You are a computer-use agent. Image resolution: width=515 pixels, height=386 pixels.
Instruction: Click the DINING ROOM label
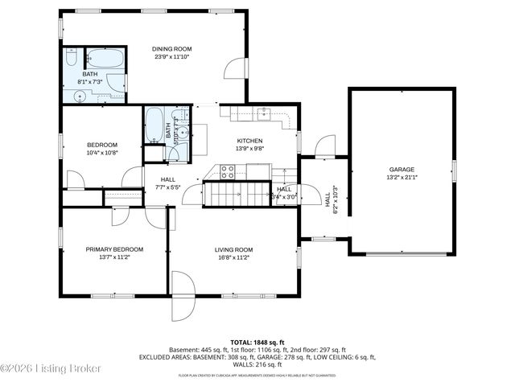click(171, 49)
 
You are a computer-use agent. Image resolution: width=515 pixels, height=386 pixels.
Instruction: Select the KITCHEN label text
click(249, 141)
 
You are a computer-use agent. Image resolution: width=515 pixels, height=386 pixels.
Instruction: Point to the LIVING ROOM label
click(233, 249)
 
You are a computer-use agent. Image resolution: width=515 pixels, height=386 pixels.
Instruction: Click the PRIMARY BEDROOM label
click(114, 249)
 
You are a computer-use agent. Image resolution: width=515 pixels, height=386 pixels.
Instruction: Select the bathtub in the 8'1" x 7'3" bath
click(105, 59)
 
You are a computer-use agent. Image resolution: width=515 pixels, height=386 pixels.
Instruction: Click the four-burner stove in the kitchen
click(228, 170)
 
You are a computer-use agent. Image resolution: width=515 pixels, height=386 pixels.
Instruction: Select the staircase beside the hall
click(237, 194)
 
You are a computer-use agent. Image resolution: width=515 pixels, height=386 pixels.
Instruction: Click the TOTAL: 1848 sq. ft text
click(257, 342)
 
